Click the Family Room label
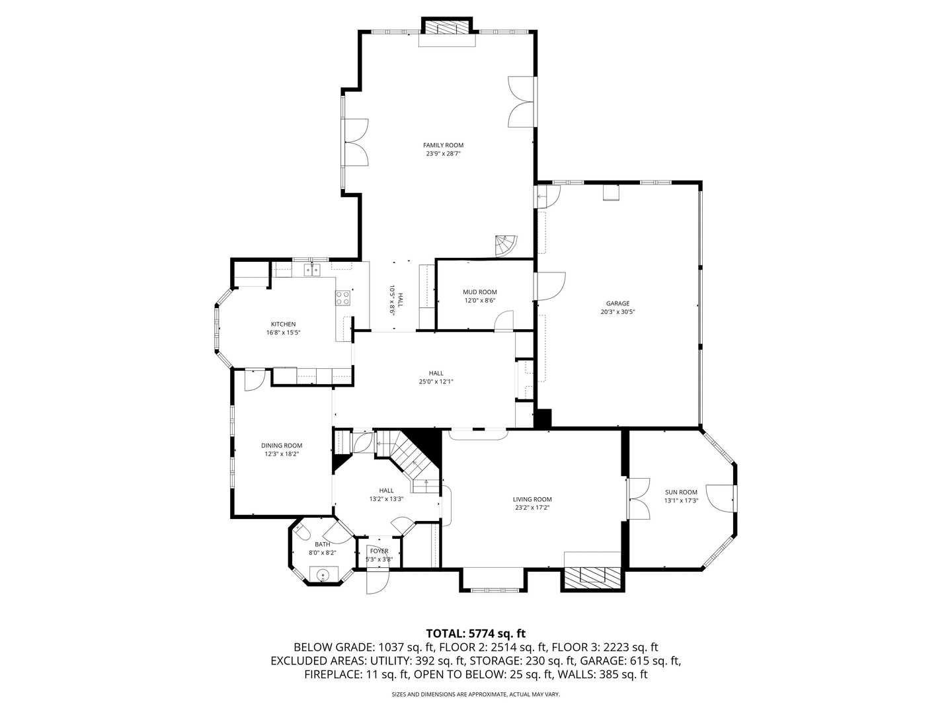[x=443, y=145]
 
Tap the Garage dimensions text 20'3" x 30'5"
[x=617, y=312]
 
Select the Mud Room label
[x=479, y=292]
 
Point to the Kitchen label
[x=283, y=324]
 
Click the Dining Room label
[x=281, y=446]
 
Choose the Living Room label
[x=532, y=499]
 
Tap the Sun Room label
[x=681, y=492]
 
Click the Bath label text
[x=322, y=544]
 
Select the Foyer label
[x=379, y=551]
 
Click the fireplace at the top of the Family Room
[x=448, y=28]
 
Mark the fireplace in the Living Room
[x=592, y=576]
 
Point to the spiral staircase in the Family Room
[x=507, y=245]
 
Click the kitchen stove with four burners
[x=342, y=298]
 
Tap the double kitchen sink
[x=311, y=269]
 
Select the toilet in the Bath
[x=302, y=532]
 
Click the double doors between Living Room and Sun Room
[x=636, y=497]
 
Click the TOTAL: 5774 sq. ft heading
[x=475, y=633]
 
